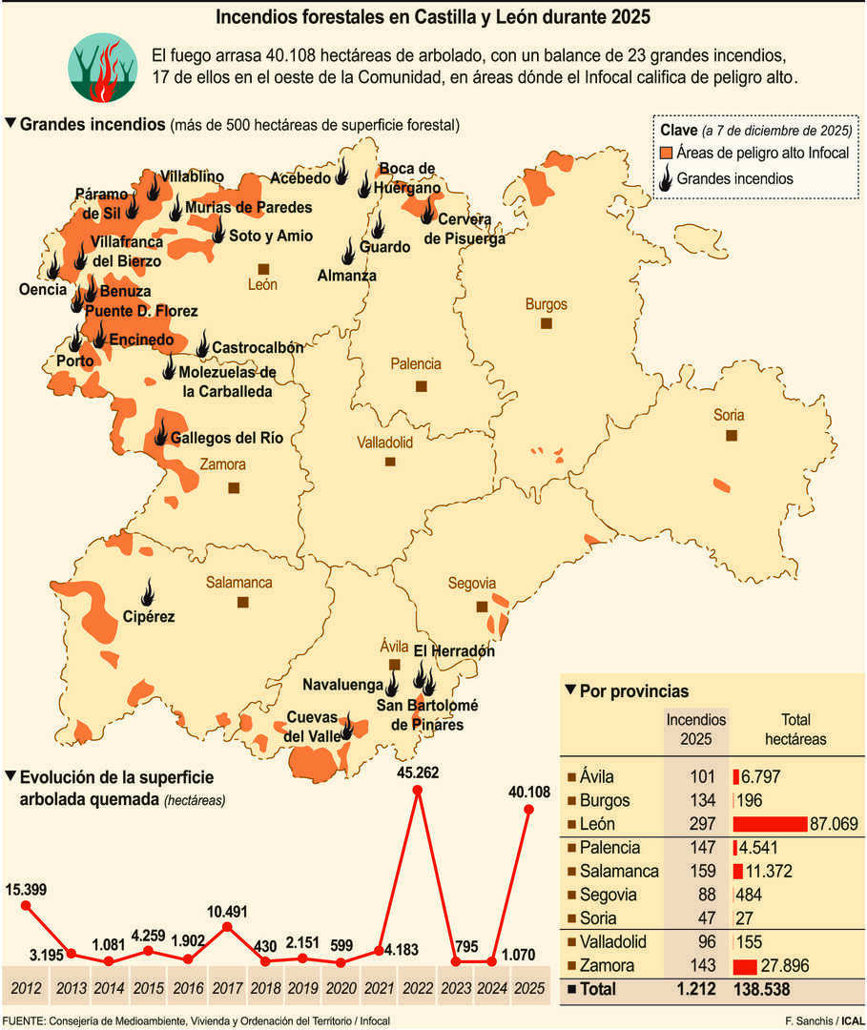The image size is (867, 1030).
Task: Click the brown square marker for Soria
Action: pyautogui.click(x=732, y=435)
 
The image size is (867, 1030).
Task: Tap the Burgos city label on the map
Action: pyautogui.click(x=546, y=305)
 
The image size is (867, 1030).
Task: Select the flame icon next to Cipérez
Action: pyautogui.click(x=147, y=591)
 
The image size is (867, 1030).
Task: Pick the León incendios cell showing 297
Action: pyautogui.click(x=695, y=824)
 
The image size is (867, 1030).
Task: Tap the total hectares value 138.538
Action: pyautogui.click(x=764, y=990)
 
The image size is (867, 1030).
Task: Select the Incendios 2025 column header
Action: pyautogui.click(x=695, y=730)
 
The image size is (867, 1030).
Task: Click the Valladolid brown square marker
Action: pyautogui.click(x=390, y=462)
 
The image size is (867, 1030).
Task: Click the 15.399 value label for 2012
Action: pyautogui.click(x=26, y=890)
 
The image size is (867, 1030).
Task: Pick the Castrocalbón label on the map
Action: pyautogui.click(x=257, y=348)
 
